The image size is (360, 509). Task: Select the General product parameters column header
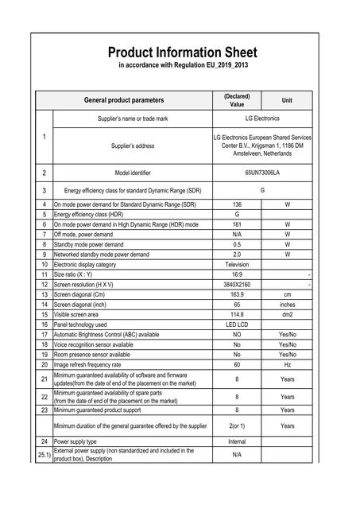pyautogui.click(x=124, y=100)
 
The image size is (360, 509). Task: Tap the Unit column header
pyautogui.click(x=287, y=100)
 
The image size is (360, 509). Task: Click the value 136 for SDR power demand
pyautogui.click(x=237, y=204)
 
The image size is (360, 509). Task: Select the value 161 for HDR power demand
pyautogui.click(x=237, y=225)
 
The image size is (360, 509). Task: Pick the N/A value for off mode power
pyautogui.click(x=237, y=235)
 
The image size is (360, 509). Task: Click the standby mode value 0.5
pyautogui.click(x=237, y=244)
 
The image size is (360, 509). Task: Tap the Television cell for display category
pyautogui.click(x=237, y=264)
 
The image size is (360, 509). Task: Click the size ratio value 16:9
pyautogui.click(x=237, y=274)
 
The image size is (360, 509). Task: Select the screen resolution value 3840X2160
pyautogui.click(x=237, y=284)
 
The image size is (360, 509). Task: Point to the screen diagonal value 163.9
pyautogui.click(x=237, y=293)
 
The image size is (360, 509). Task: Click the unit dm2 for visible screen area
pyautogui.click(x=287, y=313)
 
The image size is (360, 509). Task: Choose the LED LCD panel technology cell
pyautogui.click(x=237, y=324)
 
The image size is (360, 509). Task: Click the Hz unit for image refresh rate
pyautogui.click(x=287, y=363)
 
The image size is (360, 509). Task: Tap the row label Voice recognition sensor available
pyautogui.click(x=94, y=344)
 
